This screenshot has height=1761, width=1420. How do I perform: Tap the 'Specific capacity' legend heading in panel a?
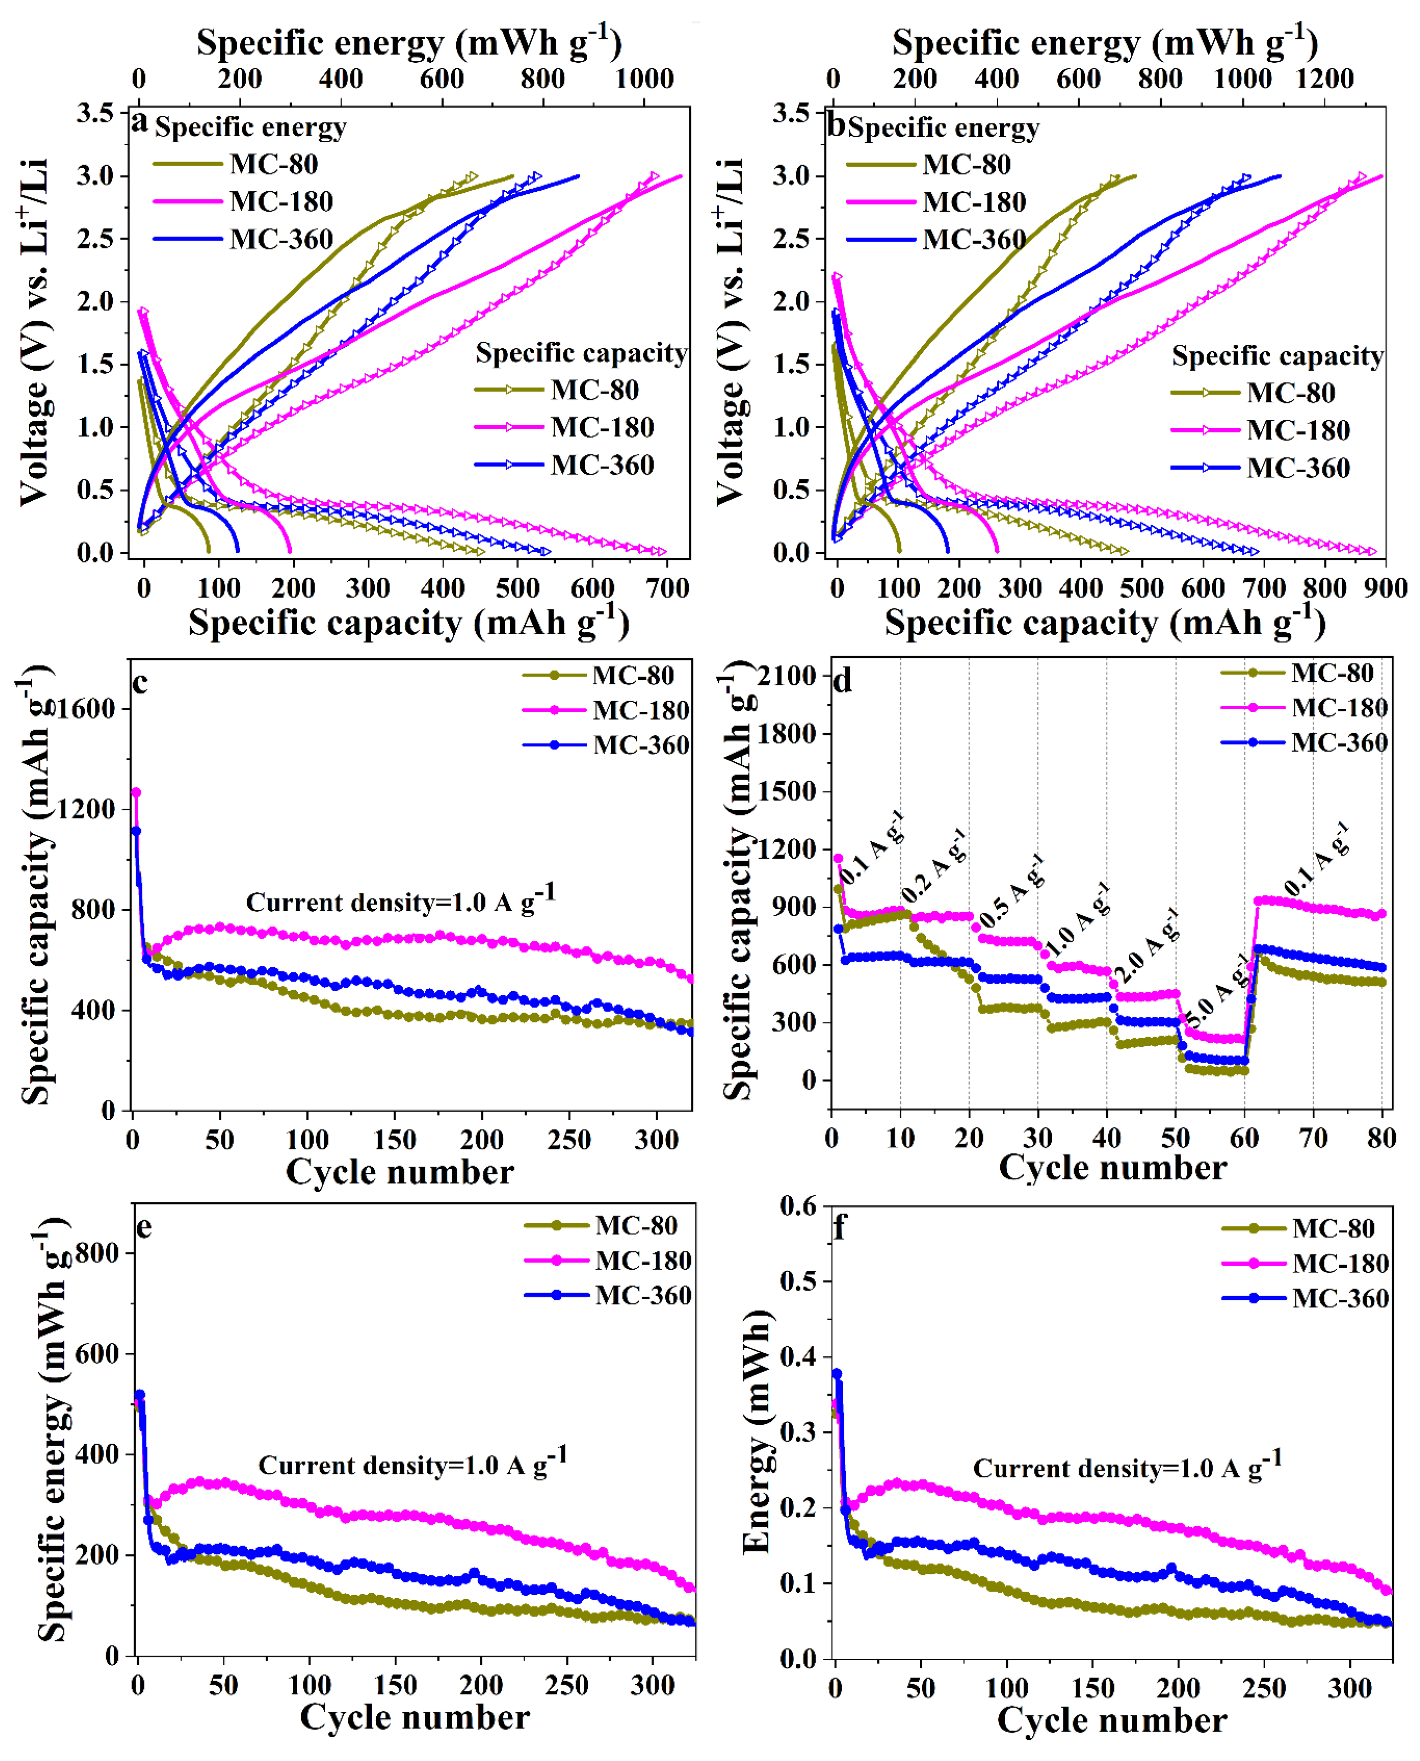pyautogui.click(x=581, y=353)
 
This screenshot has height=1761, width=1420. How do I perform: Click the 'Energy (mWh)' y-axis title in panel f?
pyautogui.click(x=756, y=1432)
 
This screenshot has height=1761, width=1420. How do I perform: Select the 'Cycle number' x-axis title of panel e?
pyautogui.click(x=415, y=1716)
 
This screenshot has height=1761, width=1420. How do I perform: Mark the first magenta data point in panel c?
pyautogui.click(x=136, y=792)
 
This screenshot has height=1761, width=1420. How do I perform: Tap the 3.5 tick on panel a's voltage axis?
pyautogui.click(x=95, y=112)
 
